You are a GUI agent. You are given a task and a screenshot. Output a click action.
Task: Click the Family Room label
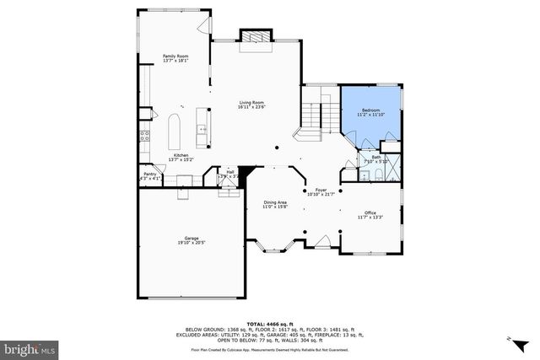click(x=175, y=58)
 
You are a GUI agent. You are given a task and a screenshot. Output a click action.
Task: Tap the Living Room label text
click(x=251, y=105)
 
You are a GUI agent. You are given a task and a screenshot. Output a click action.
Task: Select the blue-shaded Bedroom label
click(x=371, y=113)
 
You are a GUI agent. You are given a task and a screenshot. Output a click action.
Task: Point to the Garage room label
click(x=192, y=240)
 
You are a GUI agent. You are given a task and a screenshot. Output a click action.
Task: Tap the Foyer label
click(x=321, y=191)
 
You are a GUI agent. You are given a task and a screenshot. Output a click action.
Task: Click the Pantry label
click(x=148, y=176)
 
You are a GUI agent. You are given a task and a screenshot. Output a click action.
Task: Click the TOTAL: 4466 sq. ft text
click(x=270, y=323)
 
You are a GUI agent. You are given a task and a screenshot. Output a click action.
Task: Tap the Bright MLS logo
click(x=30, y=347)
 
